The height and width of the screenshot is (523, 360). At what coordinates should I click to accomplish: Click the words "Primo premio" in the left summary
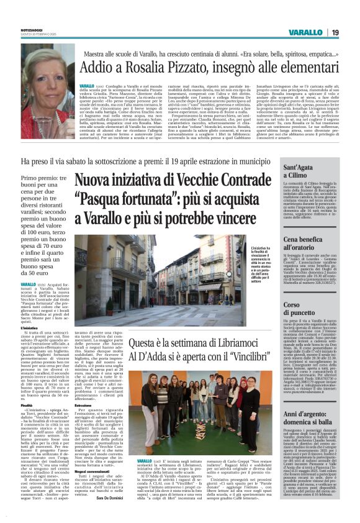click(x=37, y=178)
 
